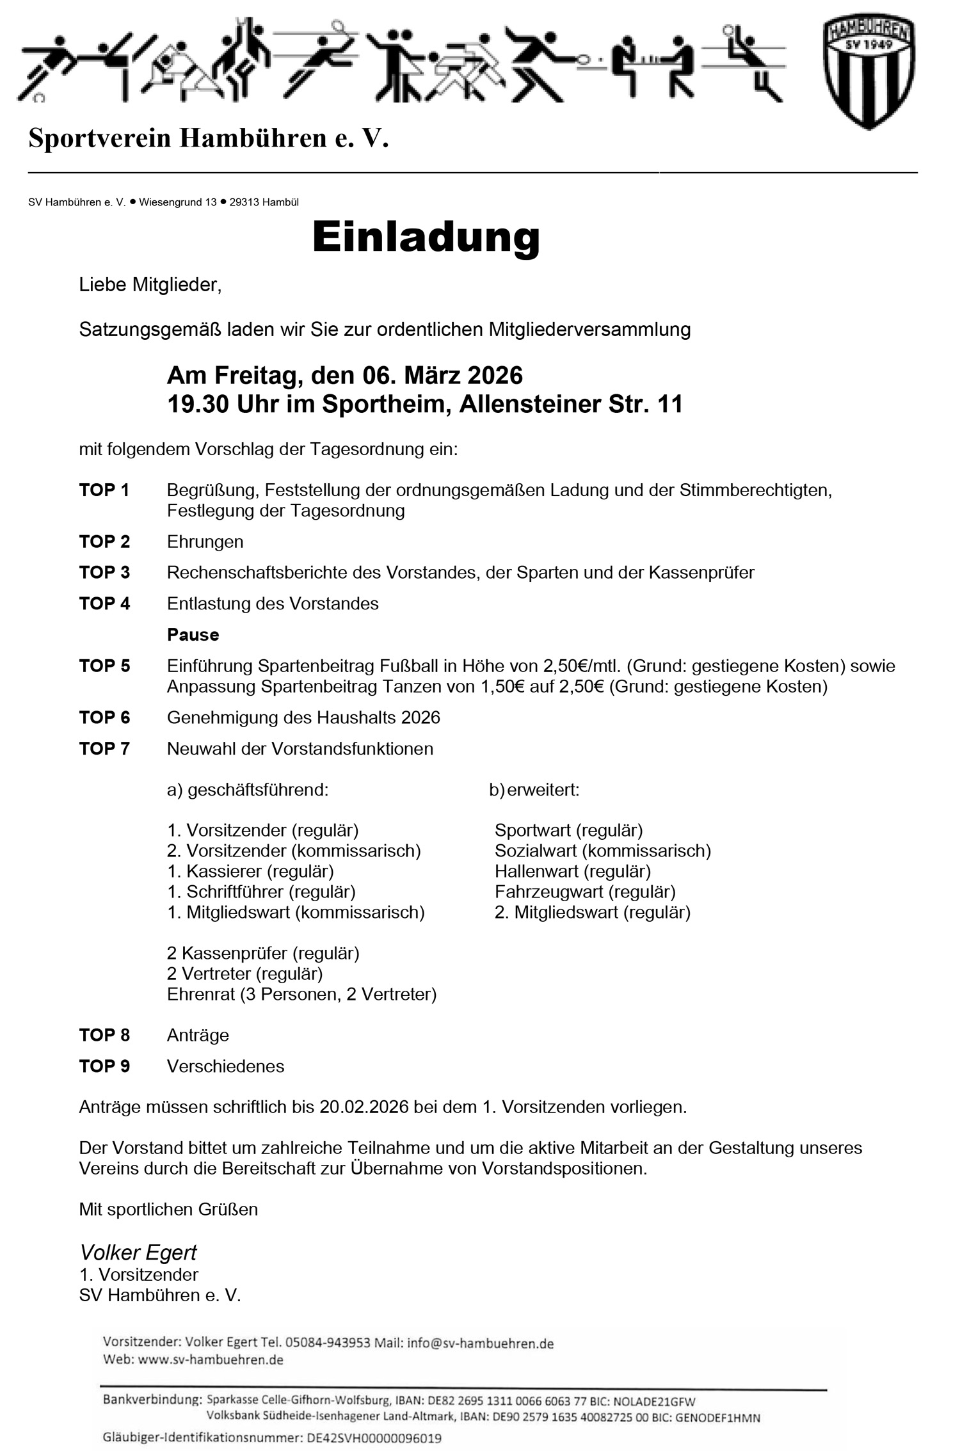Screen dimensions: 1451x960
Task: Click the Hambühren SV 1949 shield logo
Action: (868, 72)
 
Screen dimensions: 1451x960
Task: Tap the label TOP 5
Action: (104, 666)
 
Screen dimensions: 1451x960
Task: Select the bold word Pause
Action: (193, 634)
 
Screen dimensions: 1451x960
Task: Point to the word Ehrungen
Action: (205, 541)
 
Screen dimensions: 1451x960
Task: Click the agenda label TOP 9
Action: (104, 1066)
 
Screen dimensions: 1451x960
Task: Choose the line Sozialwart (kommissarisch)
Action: (602, 851)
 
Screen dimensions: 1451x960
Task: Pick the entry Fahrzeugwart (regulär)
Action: (585, 892)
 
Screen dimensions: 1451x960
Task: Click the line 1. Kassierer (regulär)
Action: (250, 871)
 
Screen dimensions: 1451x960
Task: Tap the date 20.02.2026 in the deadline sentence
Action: (364, 1107)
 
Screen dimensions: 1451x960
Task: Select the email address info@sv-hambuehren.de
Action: (480, 1343)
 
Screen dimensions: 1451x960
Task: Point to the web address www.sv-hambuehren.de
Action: (211, 1359)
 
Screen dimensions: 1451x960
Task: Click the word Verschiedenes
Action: (225, 1066)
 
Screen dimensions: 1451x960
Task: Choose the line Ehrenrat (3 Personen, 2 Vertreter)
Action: (301, 994)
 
